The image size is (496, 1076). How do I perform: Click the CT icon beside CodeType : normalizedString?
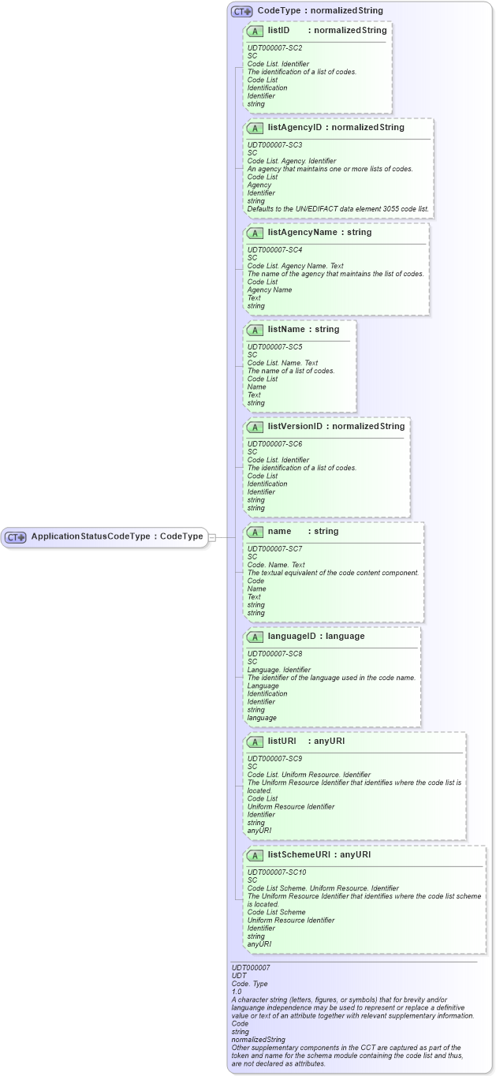tap(241, 11)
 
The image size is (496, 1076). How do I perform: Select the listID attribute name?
tap(279, 31)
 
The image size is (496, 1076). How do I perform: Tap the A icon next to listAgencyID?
tap(255, 128)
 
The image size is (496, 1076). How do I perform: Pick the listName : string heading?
tap(304, 330)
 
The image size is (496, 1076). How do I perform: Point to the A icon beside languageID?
tap(255, 637)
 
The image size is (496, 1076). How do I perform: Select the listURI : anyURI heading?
tap(306, 742)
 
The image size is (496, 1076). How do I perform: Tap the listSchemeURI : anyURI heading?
tap(319, 854)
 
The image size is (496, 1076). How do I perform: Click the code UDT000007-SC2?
tap(274, 48)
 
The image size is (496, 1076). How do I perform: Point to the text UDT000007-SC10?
tap(277, 872)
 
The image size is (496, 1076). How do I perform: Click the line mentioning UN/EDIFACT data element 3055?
tap(338, 209)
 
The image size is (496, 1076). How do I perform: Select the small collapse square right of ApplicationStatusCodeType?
tap(211, 537)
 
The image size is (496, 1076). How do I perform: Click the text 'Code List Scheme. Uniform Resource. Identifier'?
tap(323, 888)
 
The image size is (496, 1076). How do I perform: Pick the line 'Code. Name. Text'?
tap(276, 565)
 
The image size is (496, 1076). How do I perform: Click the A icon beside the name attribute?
tap(255, 532)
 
